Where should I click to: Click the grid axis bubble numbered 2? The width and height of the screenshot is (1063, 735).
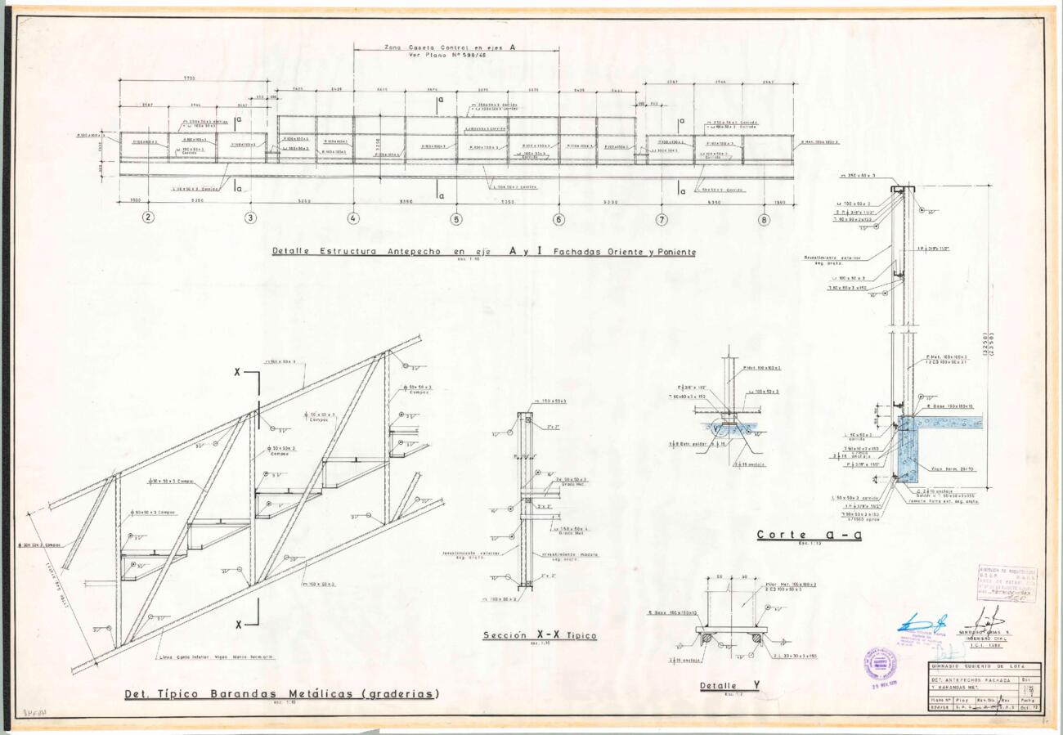(148, 217)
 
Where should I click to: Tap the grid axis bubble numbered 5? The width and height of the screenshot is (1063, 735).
(456, 218)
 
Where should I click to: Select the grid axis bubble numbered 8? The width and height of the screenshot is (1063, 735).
(764, 218)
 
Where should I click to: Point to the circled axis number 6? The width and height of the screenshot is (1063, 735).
(559, 218)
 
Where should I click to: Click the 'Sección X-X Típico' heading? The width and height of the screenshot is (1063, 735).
(539, 635)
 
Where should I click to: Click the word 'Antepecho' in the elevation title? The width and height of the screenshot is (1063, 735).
(412, 252)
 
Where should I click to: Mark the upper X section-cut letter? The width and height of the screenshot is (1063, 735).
(238, 372)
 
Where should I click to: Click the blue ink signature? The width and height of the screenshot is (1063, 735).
(922, 624)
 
